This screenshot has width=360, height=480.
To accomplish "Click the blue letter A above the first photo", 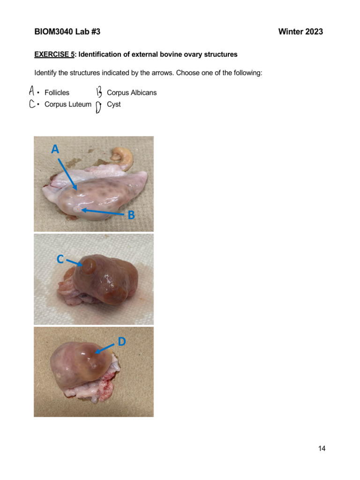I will click(x=55, y=149).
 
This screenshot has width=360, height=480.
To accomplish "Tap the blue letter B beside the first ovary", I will click(x=132, y=215).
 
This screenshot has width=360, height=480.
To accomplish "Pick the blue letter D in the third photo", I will click(x=121, y=342).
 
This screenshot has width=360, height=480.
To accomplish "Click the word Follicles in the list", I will click(x=57, y=93).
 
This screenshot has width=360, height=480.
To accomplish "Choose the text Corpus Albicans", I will click(x=132, y=93).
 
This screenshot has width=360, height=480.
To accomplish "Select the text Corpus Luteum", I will click(x=67, y=105).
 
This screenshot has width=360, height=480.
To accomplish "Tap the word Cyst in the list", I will click(x=113, y=105).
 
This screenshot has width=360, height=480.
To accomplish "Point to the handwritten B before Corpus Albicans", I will click(x=99, y=92).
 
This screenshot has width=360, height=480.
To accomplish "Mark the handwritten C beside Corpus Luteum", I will click(x=32, y=104).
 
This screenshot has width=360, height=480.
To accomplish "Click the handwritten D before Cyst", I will click(x=98, y=107).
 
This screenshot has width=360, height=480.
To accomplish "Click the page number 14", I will click(x=322, y=449).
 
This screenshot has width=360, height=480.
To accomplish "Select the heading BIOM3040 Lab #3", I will click(x=67, y=32).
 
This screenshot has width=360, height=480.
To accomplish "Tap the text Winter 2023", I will click(x=300, y=32).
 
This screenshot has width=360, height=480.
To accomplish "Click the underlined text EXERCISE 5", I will click(x=54, y=54).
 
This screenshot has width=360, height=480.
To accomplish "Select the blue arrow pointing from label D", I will click(x=104, y=348).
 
